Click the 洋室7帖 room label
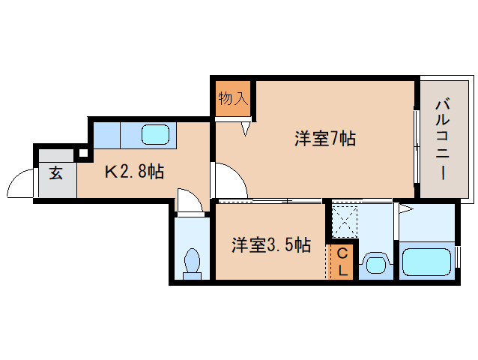[325, 139]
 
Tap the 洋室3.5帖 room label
[271, 244]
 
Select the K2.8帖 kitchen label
[134, 172]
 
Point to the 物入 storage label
[233, 98]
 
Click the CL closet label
[342, 262]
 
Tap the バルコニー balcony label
[442, 139]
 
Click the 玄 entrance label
[56, 173]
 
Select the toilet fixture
[192, 263]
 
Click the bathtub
[426, 262]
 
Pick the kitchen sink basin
[156, 134]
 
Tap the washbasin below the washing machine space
[376, 263]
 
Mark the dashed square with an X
[345, 222]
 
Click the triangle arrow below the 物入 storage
[246, 129]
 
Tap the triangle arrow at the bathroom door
[406, 209]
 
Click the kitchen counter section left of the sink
[106, 135]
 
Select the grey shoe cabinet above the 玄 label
[56, 155]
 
